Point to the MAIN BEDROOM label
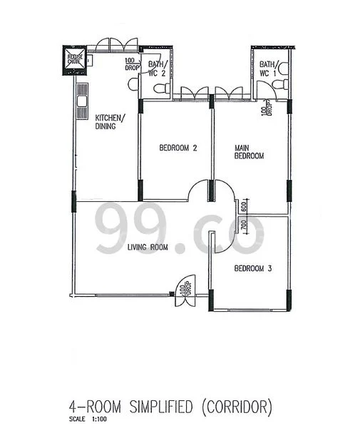click(x=250, y=152)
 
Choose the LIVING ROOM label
click(x=148, y=248)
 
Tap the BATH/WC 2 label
click(x=156, y=68)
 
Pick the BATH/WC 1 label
click(x=269, y=68)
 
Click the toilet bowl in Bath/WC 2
click(x=161, y=88)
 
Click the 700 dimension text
click(x=244, y=229)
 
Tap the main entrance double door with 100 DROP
click(x=183, y=289)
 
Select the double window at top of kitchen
click(x=113, y=44)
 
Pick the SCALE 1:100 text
click(x=83, y=419)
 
